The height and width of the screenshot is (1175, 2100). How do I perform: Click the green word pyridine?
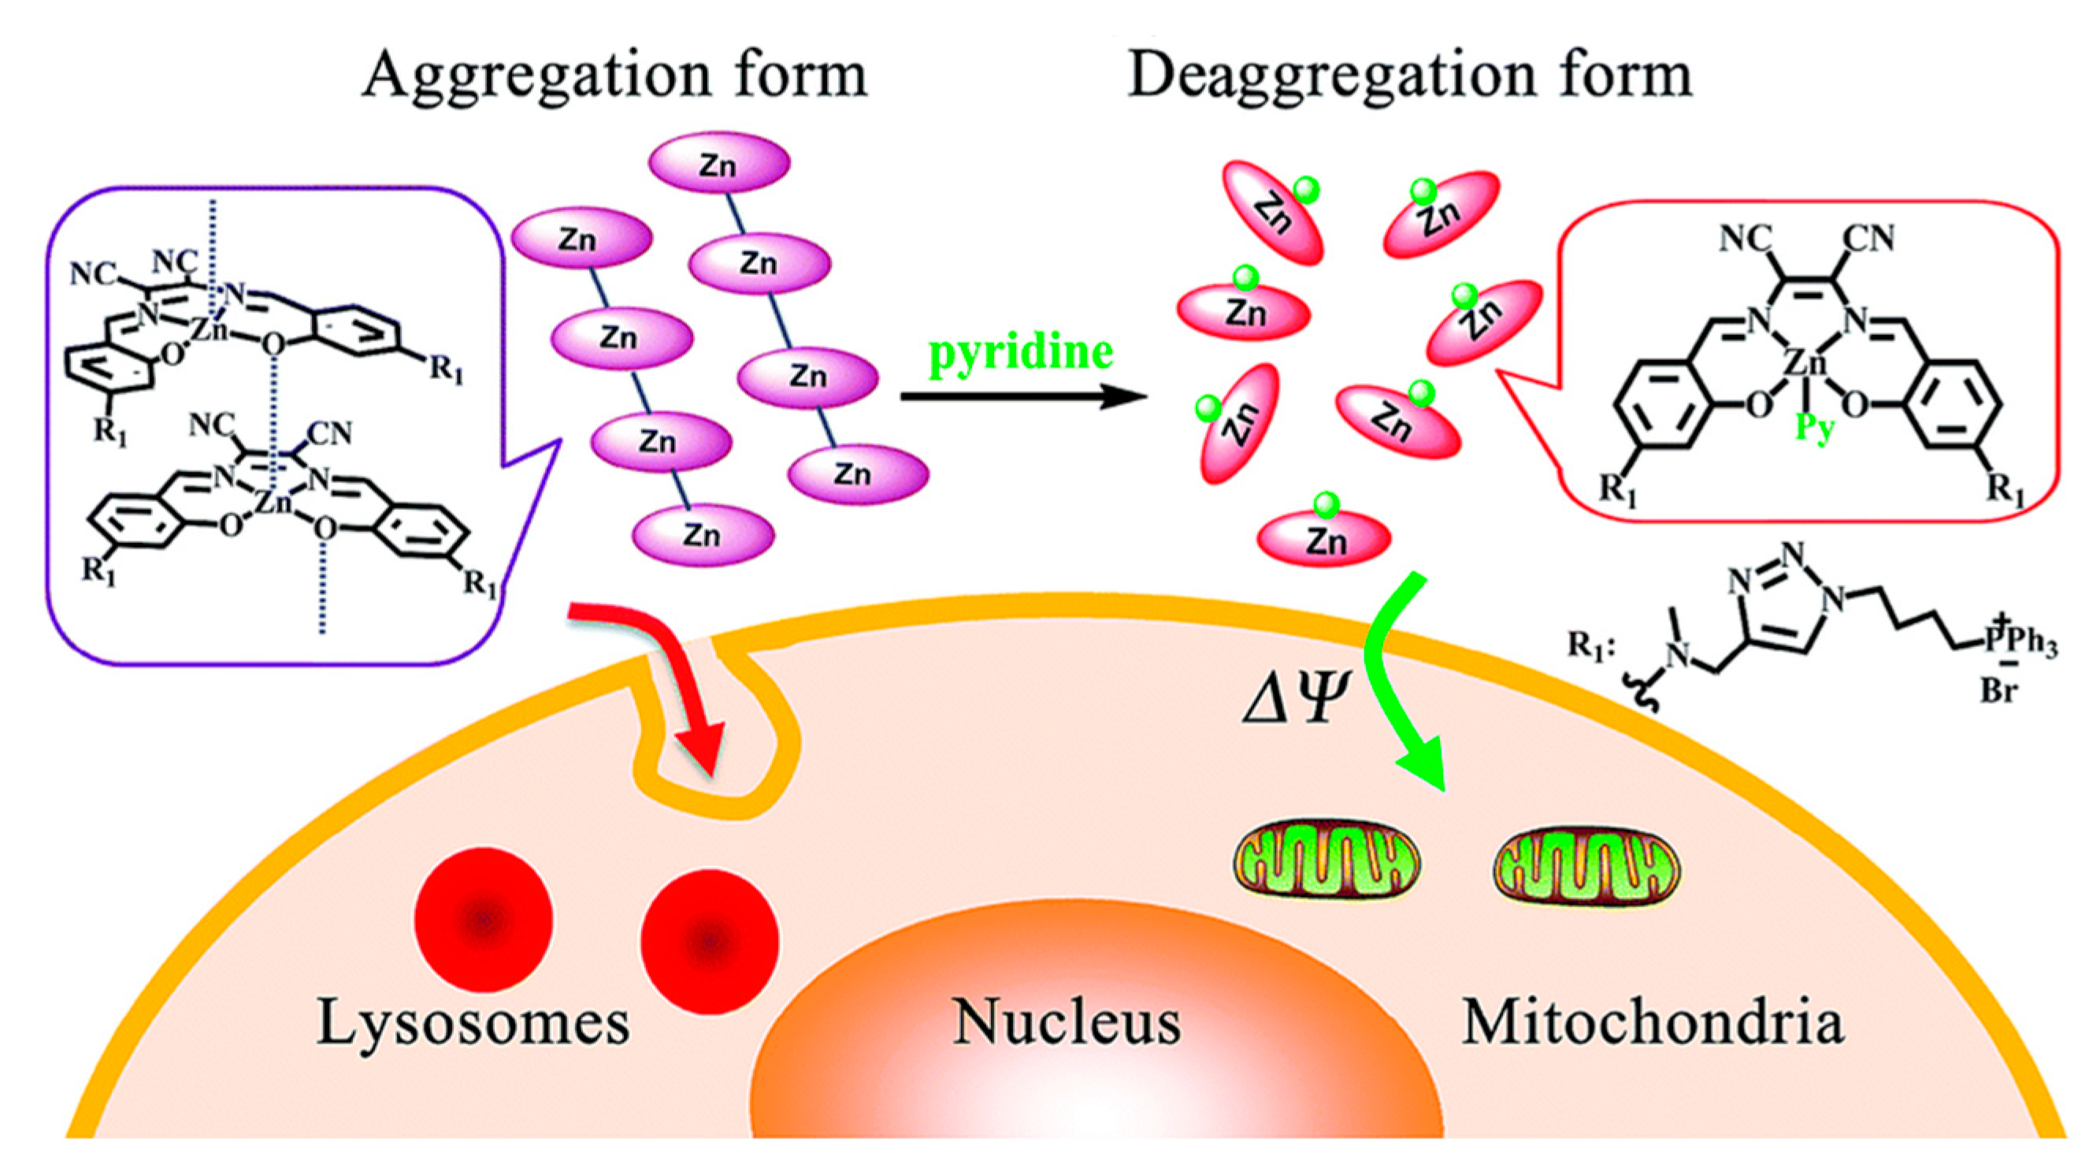pos(1021,352)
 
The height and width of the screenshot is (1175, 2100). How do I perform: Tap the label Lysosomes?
pos(473,1021)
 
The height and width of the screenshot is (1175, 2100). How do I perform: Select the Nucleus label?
pos(1067,1021)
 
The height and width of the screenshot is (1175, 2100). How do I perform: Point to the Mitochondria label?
pos(1653,1021)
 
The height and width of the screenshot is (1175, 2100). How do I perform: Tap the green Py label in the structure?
pos(1815,427)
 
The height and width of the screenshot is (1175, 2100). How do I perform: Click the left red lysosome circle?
pos(484,919)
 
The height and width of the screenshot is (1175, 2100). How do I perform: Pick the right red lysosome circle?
pos(709,942)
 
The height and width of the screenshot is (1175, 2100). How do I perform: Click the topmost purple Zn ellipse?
pos(719,165)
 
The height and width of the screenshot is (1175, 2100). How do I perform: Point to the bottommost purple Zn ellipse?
pos(703,536)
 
